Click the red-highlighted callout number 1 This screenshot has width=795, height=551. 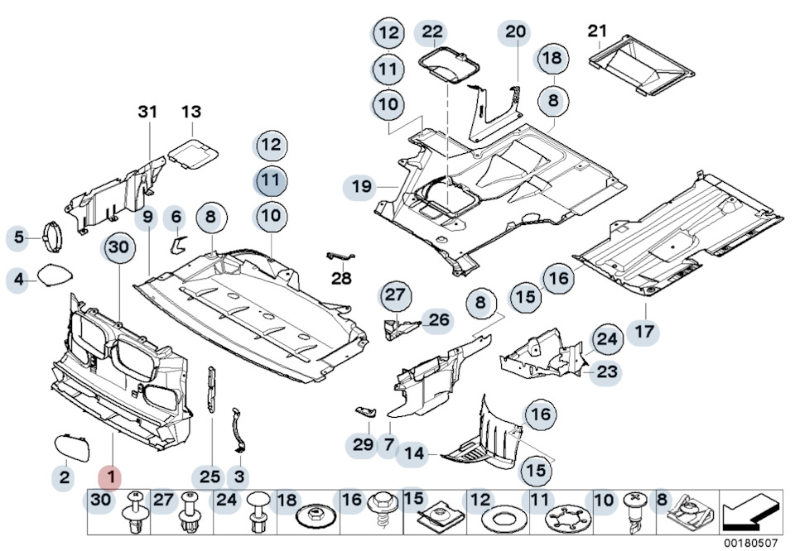click(109, 477)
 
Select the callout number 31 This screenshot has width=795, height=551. click(147, 112)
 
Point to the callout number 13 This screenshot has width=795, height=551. click(191, 112)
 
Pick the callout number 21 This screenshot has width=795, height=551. click(597, 31)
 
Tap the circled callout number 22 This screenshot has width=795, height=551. click(432, 33)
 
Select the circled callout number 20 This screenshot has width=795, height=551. click(515, 33)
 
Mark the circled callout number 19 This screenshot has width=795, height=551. click(361, 187)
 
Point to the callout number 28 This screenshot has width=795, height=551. click(341, 279)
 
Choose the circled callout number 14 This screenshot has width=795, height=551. click(414, 453)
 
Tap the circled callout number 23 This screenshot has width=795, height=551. click(607, 372)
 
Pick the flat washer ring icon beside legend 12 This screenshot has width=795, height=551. click(500, 522)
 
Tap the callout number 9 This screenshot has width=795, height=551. click(147, 219)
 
